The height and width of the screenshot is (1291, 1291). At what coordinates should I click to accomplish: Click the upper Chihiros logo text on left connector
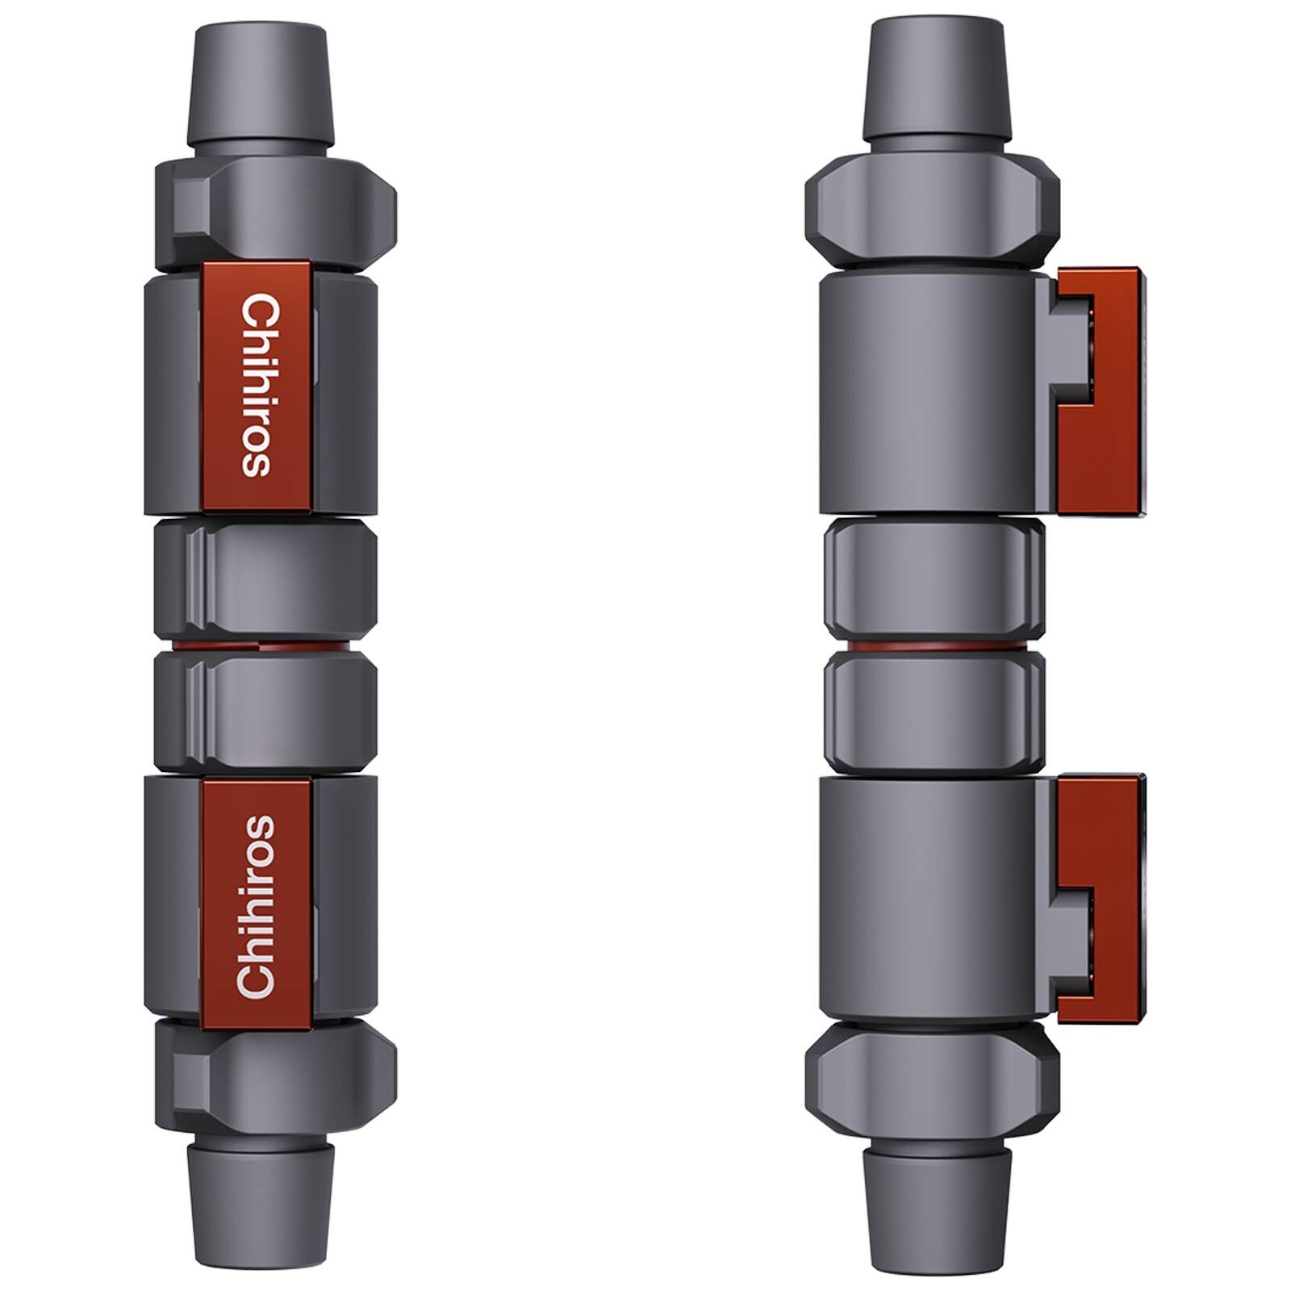[257, 386]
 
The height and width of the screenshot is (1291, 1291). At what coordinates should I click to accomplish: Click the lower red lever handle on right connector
[1101, 896]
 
